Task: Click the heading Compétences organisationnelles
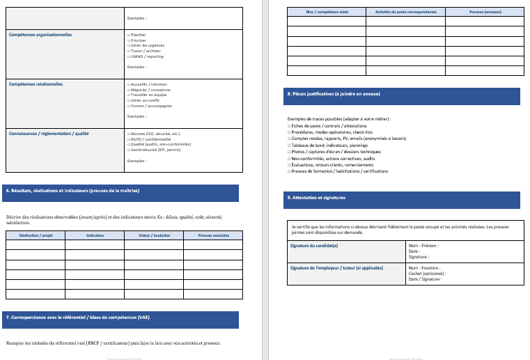(x=40, y=34)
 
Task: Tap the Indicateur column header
(x=95, y=235)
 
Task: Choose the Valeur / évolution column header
(x=154, y=235)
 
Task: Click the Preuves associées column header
(x=213, y=235)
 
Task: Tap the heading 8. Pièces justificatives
(x=334, y=93)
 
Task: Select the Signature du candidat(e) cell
(x=314, y=246)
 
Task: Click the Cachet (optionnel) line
(x=427, y=274)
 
